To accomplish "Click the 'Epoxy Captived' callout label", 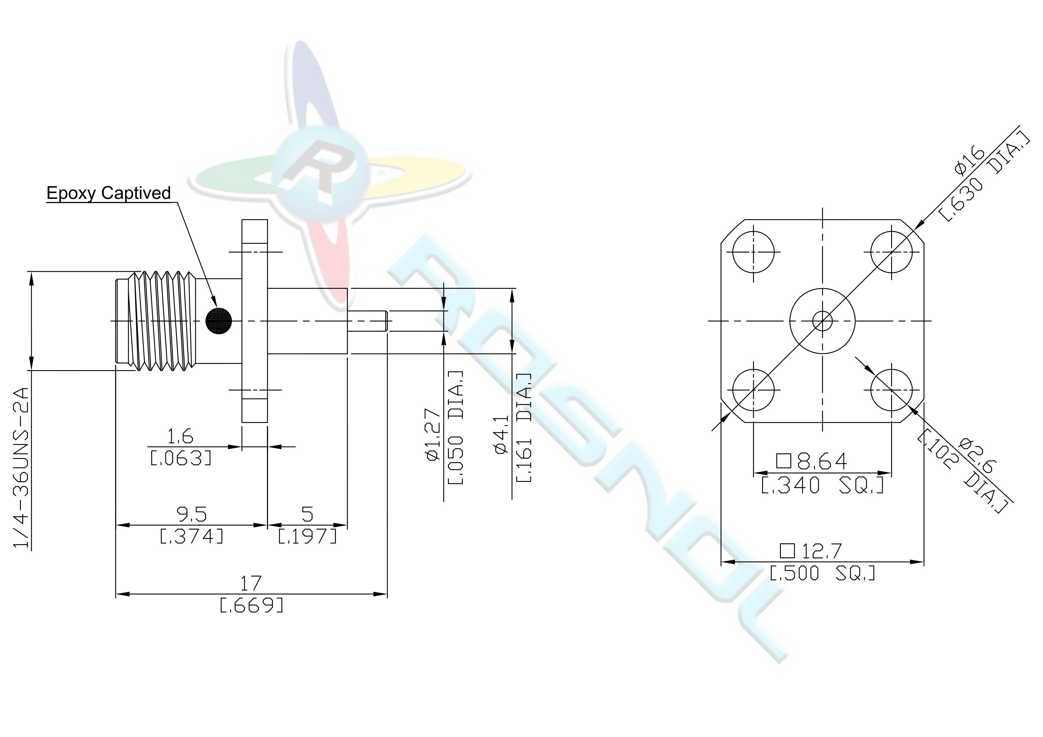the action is [x=108, y=193].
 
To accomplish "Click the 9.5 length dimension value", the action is [x=191, y=515].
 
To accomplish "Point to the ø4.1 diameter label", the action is [x=501, y=435].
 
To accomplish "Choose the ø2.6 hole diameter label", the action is [x=978, y=455].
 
